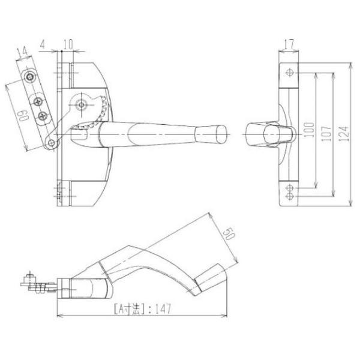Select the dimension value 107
326,133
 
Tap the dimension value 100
309,130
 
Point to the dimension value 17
289,44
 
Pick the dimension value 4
43,44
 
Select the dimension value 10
68,44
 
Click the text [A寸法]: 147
143,309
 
